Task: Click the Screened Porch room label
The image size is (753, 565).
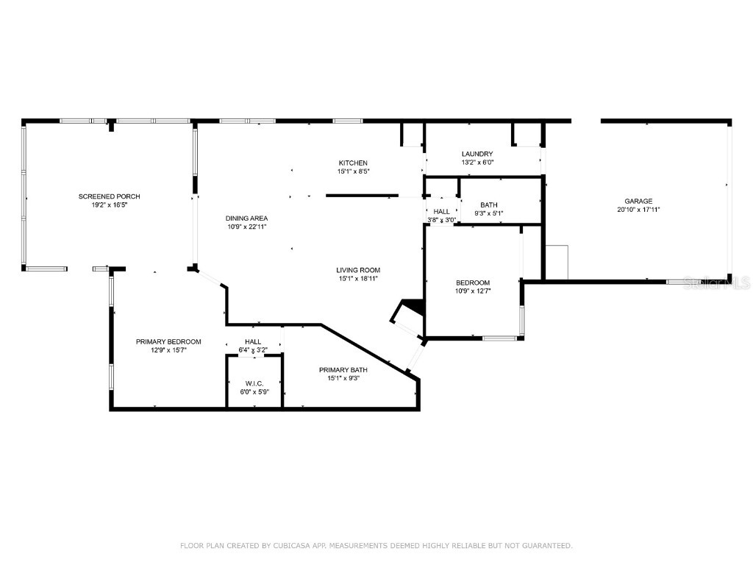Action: pos(109,196)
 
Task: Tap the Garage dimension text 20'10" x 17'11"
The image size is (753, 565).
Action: pos(638,210)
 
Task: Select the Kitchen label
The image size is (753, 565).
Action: pos(352,163)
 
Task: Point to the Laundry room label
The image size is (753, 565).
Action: pos(482,154)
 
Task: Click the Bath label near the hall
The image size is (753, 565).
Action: pos(489,205)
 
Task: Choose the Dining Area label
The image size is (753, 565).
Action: pos(246,218)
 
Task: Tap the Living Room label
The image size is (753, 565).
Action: pos(358,270)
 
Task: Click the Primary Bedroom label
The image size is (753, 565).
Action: pos(168,341)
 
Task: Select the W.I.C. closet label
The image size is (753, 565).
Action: pos(254,383)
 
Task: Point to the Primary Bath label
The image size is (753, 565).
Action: pos(343,369)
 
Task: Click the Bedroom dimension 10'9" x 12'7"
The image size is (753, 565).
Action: pos(473,291)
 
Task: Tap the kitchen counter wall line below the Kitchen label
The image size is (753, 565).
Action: pos(360,196)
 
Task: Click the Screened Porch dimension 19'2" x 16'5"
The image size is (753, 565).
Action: pos(109,205)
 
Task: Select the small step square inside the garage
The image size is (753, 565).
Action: pos(557,262)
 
